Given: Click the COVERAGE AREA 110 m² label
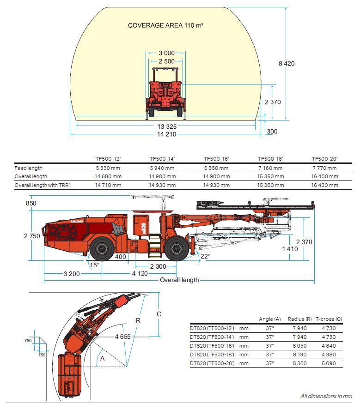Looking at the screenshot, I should pyautogui.click(x=165, y=25).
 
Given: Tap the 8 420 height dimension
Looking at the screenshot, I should pyautogui.click(x=286, y=64).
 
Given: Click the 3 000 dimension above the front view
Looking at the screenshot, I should pyautogui.click(x=166, y=53).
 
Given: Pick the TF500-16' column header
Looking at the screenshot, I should pyautogui.click(x=216, y=159).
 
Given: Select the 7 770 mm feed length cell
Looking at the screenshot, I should pyautogui.click(x=324, y=168).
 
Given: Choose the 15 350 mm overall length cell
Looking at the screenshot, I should pyautogui.click(x=270, y=176).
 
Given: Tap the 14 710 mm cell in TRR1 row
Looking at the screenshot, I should pyautogui.click(x=108, y=185).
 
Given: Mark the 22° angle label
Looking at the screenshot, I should pyautogui.click(x=205, y=256).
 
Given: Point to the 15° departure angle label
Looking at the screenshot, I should pyautogui.click(x=94, y=265).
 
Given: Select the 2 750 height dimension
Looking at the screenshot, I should pyautogui.click(x=32, y=236).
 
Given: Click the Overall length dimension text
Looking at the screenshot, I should pyautogui.click(x=179, y=280).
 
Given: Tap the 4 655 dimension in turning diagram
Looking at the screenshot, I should pyautogui.click(x=122, y=337).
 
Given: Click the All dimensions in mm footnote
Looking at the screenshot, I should pyautogui.click(x=326, y=396).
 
